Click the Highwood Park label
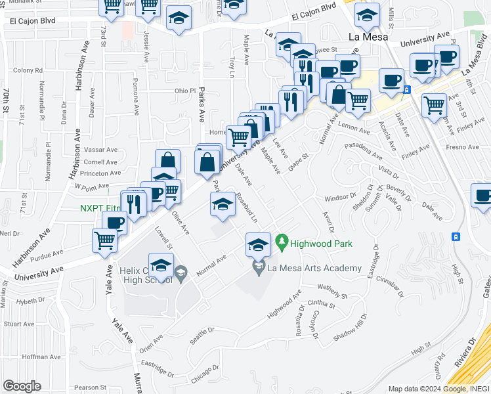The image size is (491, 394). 322,244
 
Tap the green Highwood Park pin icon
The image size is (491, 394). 282,242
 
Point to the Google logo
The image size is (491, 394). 22,386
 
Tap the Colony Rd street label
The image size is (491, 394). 28,70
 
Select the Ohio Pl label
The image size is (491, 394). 185,91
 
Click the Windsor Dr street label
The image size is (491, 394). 339,198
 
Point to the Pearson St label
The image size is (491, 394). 90,387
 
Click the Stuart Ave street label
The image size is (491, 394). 18,324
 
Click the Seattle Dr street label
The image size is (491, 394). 202,334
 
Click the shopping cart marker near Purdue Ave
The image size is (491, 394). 105,240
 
